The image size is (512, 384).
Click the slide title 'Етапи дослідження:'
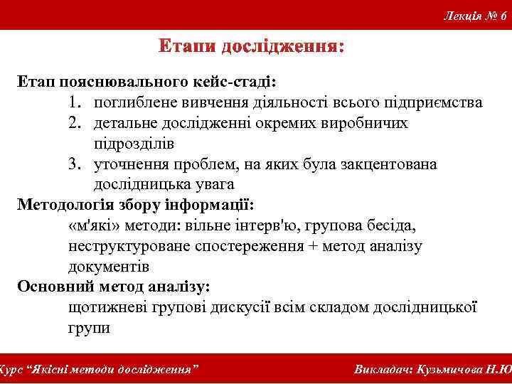[x=251, y=48]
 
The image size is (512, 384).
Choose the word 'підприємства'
[x=437, y=103]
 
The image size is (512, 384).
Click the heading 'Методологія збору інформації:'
[x=135, y=206]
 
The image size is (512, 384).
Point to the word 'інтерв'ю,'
[x=262, y=226]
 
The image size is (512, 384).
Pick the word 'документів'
[x=109, y=267]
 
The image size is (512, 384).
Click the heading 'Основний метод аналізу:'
[x=114, y=287]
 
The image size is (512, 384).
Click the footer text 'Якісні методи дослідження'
[x=114, y=370]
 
